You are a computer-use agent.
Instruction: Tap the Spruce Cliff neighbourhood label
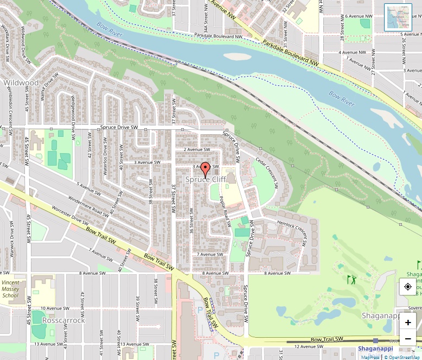pos(206,179)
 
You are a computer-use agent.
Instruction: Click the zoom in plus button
pos(408,322)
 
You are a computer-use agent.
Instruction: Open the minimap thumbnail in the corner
pos(398,17)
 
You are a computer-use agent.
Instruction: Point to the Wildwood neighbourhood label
pos(21,83)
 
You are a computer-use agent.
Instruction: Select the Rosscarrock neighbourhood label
pos(63,320)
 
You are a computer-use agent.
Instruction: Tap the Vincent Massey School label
pos(11,289)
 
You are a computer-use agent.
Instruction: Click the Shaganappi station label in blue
pos(375,349)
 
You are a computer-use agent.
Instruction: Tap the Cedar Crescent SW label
pos(267,173)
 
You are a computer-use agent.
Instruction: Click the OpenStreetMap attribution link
pos(402,357)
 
